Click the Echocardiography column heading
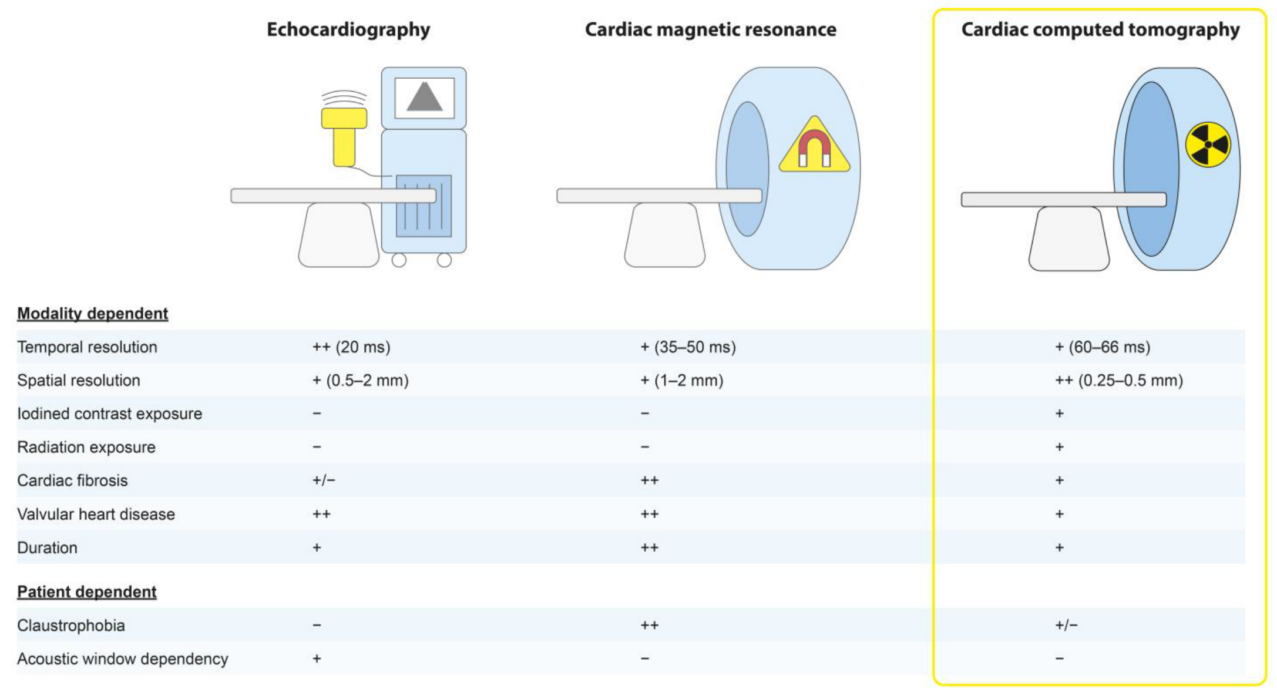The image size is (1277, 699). click(x=348, y=29)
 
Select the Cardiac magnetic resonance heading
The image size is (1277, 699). click(x=710, y=29)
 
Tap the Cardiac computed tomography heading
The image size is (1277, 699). click(x=1100, y=29)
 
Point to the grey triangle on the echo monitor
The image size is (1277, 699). click(x=424, y=98)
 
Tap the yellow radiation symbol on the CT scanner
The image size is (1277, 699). click(x=1208, y=144)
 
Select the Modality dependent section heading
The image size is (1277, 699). click(x=92, y=314)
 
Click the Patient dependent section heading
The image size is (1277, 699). click(x=86, y=592)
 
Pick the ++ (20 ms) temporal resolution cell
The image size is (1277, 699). click(x=351, y=347)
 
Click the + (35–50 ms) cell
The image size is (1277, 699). click(x=688, y=347)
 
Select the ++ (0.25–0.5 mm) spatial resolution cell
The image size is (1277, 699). click(x=1118, y=381)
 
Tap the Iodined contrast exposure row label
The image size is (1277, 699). click(x=109, y=414)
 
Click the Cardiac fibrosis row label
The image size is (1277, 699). click(x=72, y=480)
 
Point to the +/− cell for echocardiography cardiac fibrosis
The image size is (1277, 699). click(x=324, y=480)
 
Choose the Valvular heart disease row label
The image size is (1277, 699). click(x=96, y=514)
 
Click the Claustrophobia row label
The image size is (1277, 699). click(x=70, y=625)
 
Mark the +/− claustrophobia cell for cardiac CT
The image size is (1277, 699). click(x=1066, y=625)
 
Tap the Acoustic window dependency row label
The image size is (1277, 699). click(x=122, y=658)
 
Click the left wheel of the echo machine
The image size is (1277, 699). click(x=399, y=260)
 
